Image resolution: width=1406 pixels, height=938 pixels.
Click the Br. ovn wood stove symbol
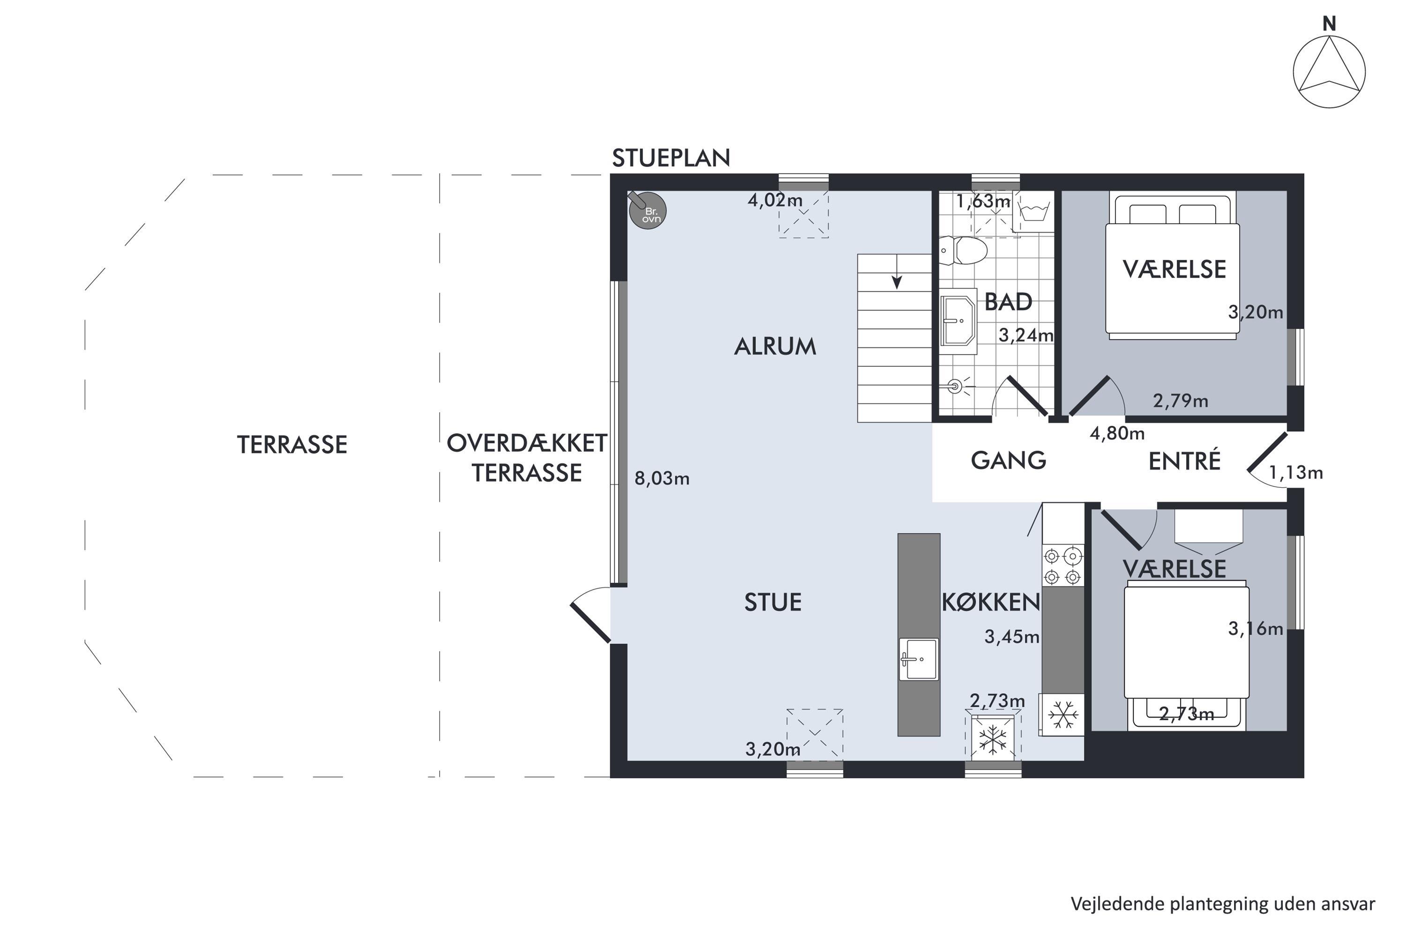point(648,211)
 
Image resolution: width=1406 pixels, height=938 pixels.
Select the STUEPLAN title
point(671,158)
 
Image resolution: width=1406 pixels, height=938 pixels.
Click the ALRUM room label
point(775,347)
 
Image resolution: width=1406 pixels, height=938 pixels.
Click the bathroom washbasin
point(958,321)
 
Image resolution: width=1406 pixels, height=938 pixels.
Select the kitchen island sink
point(919,659)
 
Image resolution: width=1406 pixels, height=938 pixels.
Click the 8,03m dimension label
point(662,478)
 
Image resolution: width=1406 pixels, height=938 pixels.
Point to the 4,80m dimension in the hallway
point(1117,433)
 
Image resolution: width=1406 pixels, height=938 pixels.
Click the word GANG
point(1008,461)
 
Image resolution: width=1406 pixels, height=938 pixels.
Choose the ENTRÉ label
point(1184,461)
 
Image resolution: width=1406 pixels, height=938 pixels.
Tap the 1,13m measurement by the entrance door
point(1295,473)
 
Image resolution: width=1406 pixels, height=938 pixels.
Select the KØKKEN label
point(991,602)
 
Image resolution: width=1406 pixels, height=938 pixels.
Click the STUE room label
point(772,602)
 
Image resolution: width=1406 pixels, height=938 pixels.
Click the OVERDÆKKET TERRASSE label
point(527,458)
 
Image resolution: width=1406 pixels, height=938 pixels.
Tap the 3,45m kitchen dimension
point(1011,637)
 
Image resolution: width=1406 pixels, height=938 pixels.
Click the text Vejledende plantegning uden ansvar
point(1222,903)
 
